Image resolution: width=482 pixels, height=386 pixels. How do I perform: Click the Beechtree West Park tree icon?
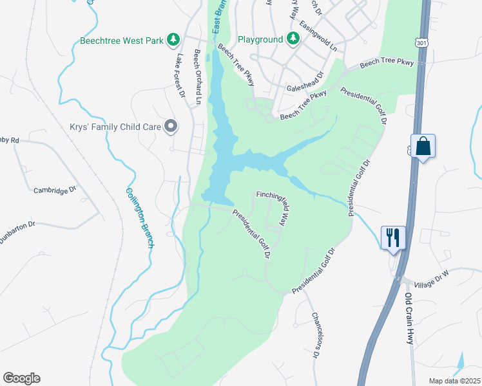point(173,40)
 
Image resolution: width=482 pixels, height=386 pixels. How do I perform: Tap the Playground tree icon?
point(293,39)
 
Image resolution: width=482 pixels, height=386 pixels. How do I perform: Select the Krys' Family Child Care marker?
point(171,126)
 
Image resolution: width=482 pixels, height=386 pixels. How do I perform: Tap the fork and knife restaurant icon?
point(392,237)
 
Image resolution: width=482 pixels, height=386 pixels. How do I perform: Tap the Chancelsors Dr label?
point(316,335)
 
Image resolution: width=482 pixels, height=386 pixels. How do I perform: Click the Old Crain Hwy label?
point(408,319)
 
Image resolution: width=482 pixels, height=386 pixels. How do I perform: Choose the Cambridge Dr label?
point(55,190)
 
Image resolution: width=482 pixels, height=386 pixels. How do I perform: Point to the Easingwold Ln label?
point(320,36)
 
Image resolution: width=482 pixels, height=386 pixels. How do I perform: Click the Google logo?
point(21,378)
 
